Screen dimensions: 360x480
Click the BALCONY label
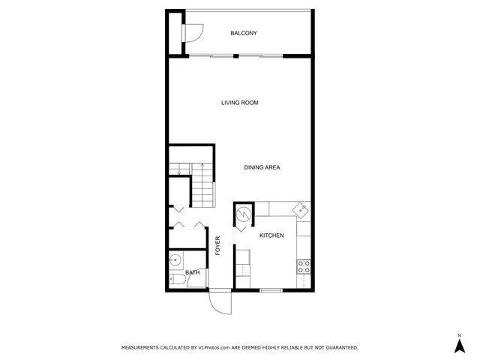coord(244,33)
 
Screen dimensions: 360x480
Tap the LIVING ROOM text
coord(239,103)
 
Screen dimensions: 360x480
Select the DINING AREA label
coord(262,167)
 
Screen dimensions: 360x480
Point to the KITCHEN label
coord(271,235)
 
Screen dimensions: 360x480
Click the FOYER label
coord(218,246)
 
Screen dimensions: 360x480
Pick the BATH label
coord(193,272)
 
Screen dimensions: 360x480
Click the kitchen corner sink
coord(301,209)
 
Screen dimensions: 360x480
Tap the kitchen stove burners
coord(304,265)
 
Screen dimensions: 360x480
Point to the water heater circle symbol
coord(244,214)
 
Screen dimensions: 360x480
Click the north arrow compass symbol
coord(459,344)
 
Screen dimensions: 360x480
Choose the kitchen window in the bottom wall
coord(271,289)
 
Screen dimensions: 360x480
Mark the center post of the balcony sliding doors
coord(235,55)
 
